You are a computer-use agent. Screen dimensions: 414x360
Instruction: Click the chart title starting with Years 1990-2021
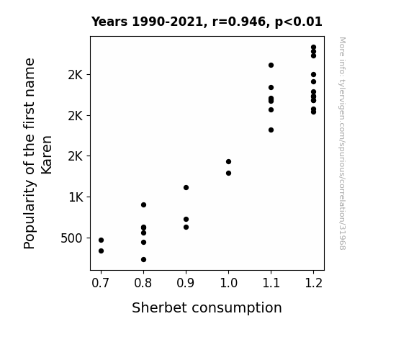(x=207, y=22)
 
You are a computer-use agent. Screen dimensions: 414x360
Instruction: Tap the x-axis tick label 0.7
(x=100, y=283)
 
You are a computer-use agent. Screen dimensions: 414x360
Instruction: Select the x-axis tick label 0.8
(x=143, y=283)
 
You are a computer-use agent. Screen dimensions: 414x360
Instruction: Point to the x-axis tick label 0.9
(x=185, y=283)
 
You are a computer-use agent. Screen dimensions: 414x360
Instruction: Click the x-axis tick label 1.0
(x=229, y=283)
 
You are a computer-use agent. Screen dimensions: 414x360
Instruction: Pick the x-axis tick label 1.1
(x=271, y=283)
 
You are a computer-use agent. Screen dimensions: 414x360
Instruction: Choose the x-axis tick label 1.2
(x=314, y=283)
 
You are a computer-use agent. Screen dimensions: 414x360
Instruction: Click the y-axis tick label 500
(x=71, y=238)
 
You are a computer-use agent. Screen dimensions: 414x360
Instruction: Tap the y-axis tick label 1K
(x=76, y=197)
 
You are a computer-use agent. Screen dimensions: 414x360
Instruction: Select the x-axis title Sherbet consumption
(x=207, y=307)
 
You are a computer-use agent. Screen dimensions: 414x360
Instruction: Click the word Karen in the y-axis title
(x=47, y=155)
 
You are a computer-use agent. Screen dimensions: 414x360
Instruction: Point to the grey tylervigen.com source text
(x=342, y=143)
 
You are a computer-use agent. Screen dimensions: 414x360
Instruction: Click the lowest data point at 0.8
(x=143, y=260)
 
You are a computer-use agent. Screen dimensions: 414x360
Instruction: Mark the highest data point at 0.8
(x=143, y=205)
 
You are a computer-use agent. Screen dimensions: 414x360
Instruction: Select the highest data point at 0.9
(x=186, y=187)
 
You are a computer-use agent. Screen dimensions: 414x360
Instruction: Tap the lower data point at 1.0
(x=229, y=174)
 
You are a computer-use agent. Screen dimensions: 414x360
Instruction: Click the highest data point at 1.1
(x=271, y=66)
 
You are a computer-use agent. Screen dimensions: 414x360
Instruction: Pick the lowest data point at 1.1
(x=271, y=130)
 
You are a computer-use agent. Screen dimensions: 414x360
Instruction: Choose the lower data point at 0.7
(x=101, y=251)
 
